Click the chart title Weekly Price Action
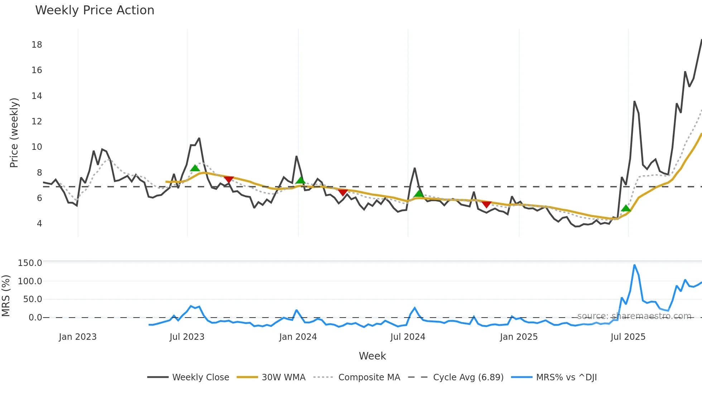[95, 10]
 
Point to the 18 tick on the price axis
[37, 45]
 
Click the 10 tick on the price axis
[37, 147]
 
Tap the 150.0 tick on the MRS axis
[30, 263]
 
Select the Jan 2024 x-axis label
[298, 337]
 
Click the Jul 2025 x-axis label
[628, 337]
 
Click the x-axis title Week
[372, 356]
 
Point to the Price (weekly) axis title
[14, 133]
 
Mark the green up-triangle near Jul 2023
[195, 168]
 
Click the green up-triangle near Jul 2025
[626, 208]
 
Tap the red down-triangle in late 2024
[486, 204]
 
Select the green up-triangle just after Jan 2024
[300, 180]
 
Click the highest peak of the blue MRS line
[634, 265]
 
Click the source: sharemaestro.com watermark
[634, 316]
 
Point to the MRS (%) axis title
[6, 296]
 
